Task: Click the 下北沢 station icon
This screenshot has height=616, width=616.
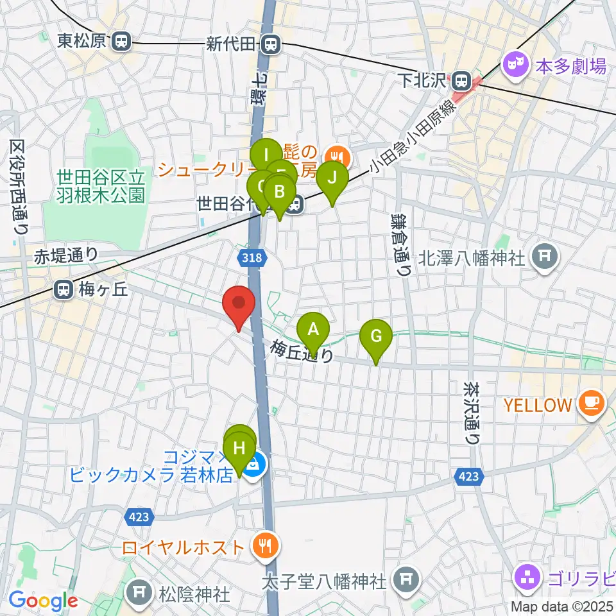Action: pyautogui.click(x=460, y=80)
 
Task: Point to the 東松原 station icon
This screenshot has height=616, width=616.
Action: pyautogui.click(x=120, y=42)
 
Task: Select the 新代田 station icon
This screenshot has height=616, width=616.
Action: pyautogui.click(x=270, y=44)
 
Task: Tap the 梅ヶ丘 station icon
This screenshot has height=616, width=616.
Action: pyautogui.click(x=64, y=290)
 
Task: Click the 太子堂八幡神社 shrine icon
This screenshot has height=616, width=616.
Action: pyautogui.click(x=405, y=581)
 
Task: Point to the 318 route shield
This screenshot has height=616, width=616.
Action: pyautogui.click(x=252, y=258)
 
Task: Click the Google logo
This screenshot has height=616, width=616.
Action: pyautogui.click(x=43, y=601)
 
